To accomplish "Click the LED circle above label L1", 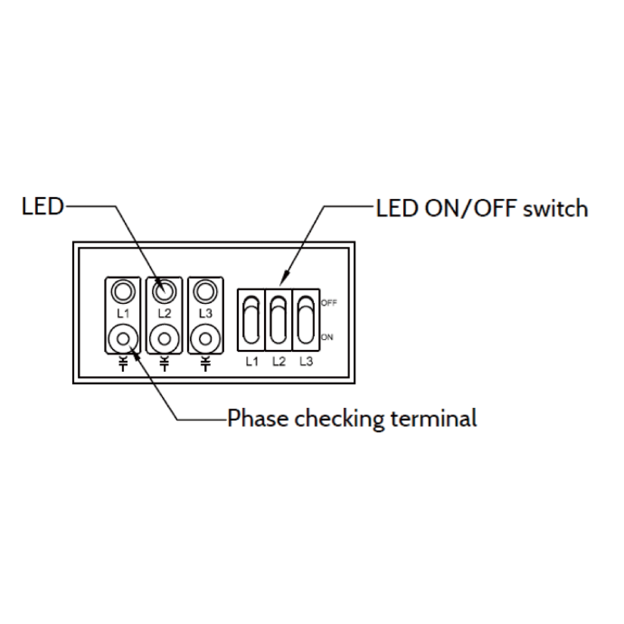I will [122, 291].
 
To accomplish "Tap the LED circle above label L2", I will [164, 291].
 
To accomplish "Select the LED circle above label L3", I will [205, 291].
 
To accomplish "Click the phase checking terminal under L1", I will [122, 338].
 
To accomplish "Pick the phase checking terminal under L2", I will [164, 338].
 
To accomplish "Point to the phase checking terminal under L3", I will [205, 338].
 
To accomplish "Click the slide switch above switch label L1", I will [251, 319].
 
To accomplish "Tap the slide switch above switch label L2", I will [278, 319].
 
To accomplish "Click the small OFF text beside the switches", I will [328, 303].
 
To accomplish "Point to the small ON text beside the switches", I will [326, 336].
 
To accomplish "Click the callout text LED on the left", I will [43, 207].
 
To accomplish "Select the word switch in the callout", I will [557, 209].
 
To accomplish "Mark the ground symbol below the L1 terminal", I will [122, 364].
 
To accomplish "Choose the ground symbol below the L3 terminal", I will [205, 364].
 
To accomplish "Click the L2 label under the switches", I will [278, 361].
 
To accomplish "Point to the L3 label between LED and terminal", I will [205, 313].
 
